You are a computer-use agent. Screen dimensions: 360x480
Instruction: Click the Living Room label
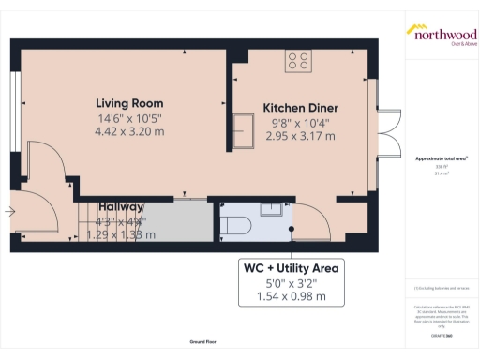coord(129,103)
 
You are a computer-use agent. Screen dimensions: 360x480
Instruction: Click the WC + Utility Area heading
coord(292,267)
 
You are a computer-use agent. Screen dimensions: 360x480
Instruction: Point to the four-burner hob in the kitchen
coord(299,61)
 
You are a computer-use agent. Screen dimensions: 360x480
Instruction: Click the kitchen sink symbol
coord(245,130)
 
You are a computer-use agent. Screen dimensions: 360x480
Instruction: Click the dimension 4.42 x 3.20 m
coord(129,132)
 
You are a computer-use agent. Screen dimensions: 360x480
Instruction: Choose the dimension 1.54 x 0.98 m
coord(292,296)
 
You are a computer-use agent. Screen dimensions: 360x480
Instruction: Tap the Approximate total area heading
coord(441,158)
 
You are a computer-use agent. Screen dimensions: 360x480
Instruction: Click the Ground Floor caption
coord(202,343)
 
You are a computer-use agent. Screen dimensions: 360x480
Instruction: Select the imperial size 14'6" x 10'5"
coord(129,118)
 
